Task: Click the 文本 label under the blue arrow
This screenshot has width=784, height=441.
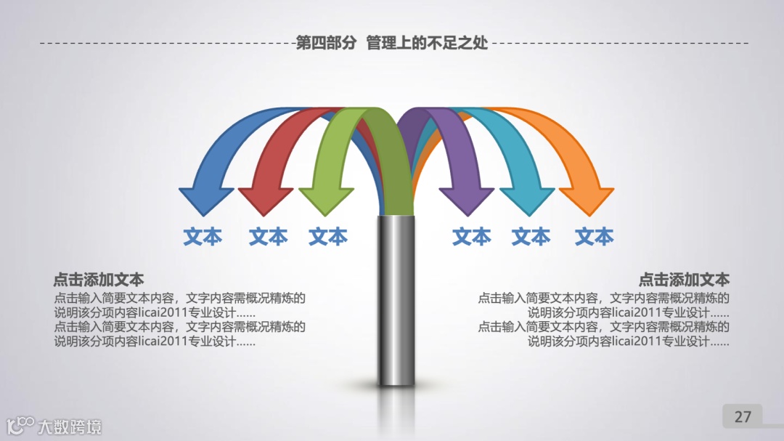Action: (x=203, y=237)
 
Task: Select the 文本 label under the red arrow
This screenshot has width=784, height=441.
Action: (x=268, y=237)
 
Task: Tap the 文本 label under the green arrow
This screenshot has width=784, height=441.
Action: (x=328, y=237)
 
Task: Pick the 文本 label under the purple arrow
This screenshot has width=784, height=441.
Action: (x=472, y=237)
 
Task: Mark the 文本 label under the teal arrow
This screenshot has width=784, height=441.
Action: (x=531, y=237)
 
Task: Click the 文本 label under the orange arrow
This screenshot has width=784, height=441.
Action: (x=595, y=237)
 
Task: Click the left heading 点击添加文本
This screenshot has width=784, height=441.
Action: (x=98, y=280)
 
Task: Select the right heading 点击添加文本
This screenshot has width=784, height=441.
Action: (x=684, y=280)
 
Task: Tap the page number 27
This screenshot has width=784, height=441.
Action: (x=743, y=417)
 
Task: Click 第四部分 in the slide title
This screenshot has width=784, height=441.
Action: (x=326, y=43)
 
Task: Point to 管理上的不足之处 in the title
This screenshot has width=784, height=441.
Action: (x=427, y=43)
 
